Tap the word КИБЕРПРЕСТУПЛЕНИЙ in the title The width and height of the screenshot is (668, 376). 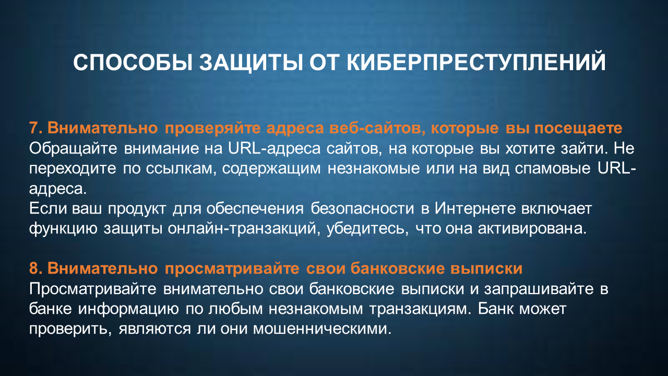click(476, 62)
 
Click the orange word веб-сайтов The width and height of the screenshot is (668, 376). click(377, 128)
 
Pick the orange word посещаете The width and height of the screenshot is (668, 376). click(578, 128)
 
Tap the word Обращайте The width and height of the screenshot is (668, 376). click(73, 149)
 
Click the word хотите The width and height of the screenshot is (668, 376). click(530, 149)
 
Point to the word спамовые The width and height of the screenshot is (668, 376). click(553, 169)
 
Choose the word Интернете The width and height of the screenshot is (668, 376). click(475, 208)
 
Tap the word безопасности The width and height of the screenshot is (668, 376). click(362, 208)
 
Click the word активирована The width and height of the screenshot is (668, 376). click(532, 229)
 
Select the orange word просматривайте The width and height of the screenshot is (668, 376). click(232, 268)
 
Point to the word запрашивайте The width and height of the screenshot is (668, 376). click(539, 289)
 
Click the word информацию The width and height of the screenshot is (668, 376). click(128, 309)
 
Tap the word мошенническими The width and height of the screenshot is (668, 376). click(322, 329)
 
